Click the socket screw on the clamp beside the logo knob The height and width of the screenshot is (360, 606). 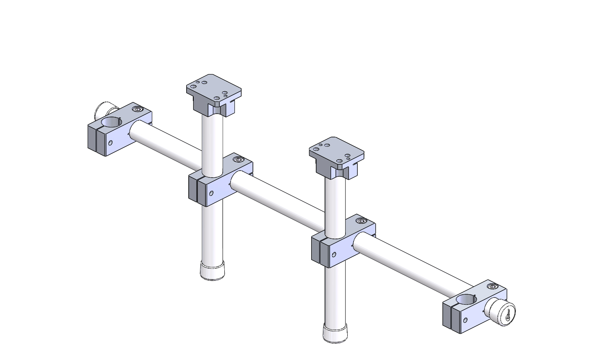pyautogui.click(x=492, y=287)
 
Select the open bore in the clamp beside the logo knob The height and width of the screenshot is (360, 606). pyautogui.click(x=466, y=299)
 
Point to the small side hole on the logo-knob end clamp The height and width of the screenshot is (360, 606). pyautogui.click(x=465, y=320)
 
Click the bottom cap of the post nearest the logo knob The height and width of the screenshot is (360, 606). pyautogui.click(x=336, y=333)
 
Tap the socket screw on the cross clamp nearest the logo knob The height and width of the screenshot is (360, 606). pyautogui.click(x=361, y=221)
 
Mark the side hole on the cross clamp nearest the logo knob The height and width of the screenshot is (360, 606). pyautogui.click(x=334, y=254)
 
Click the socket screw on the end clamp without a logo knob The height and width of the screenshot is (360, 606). pyautogui.click(x=137, y=109)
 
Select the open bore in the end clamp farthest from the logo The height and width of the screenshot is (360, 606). pyautogui.click(x=111, y=122)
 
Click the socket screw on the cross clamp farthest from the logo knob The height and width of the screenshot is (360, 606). pyautogui.click(x=238, y=160)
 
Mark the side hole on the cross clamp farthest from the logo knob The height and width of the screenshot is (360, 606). pyautogui.click(x=211, y=193)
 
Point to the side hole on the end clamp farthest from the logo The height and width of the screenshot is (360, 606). pyautogui.click(x=110, y=143)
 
